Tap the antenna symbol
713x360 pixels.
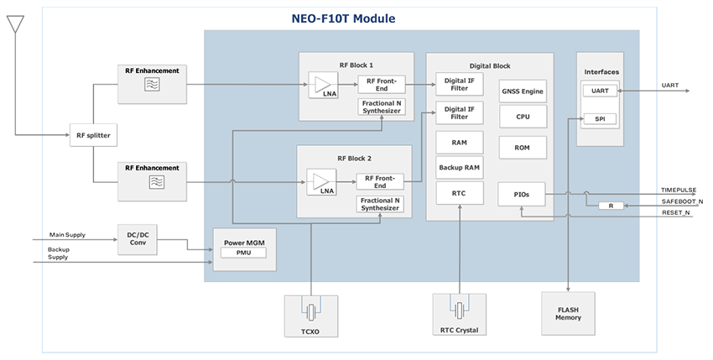(x=15, y=24)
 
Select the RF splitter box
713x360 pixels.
(x=93, y=134)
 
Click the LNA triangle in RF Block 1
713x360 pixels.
(x=321, y=84)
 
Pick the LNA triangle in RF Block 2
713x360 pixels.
(x=320, y=181)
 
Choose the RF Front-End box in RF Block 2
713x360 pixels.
(x=379, y=181)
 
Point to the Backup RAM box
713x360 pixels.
(x=459, y=168)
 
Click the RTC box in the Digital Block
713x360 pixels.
(x=459, y=194)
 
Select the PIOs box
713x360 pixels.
(x=521, y=194)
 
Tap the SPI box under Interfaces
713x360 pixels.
(x=600, y=119)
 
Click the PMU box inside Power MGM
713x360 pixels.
(x=243, y=253)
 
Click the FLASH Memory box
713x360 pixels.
(x=568, y=313)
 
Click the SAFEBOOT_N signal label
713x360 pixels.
(x=682, y=202)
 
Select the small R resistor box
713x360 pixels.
(x=611, y=206)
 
